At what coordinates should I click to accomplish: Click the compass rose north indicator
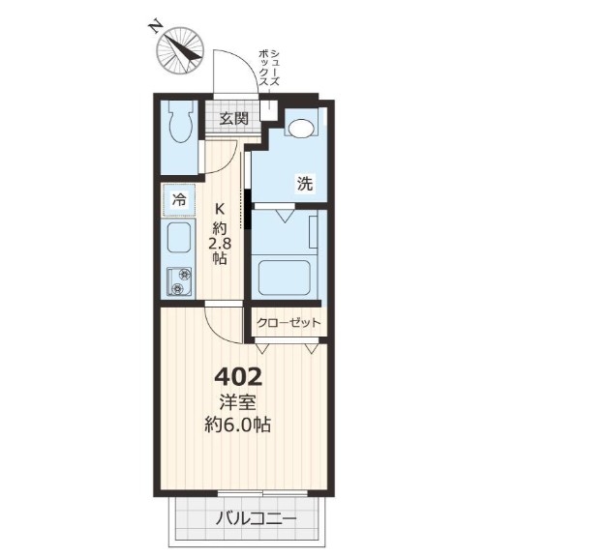(180, 50)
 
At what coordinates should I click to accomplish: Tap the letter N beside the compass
(155, 27)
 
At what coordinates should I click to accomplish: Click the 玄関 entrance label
(233, 118)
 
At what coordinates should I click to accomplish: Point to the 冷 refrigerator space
(179, 200)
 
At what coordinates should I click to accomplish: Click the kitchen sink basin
(179, 238)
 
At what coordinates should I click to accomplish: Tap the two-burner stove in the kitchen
(179, 281)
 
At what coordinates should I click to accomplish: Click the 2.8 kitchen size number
(220, 244)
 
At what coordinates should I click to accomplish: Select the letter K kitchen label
(219, 209)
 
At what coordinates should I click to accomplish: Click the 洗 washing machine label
(305, 183)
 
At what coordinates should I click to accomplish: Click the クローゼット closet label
(288, 322)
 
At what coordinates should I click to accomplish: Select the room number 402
(239, 377)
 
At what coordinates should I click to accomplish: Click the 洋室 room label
(237, 403)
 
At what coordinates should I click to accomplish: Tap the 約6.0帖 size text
(238, 425)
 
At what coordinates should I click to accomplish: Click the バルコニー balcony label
(256, 518)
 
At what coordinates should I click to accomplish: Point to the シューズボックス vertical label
(269, 69)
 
